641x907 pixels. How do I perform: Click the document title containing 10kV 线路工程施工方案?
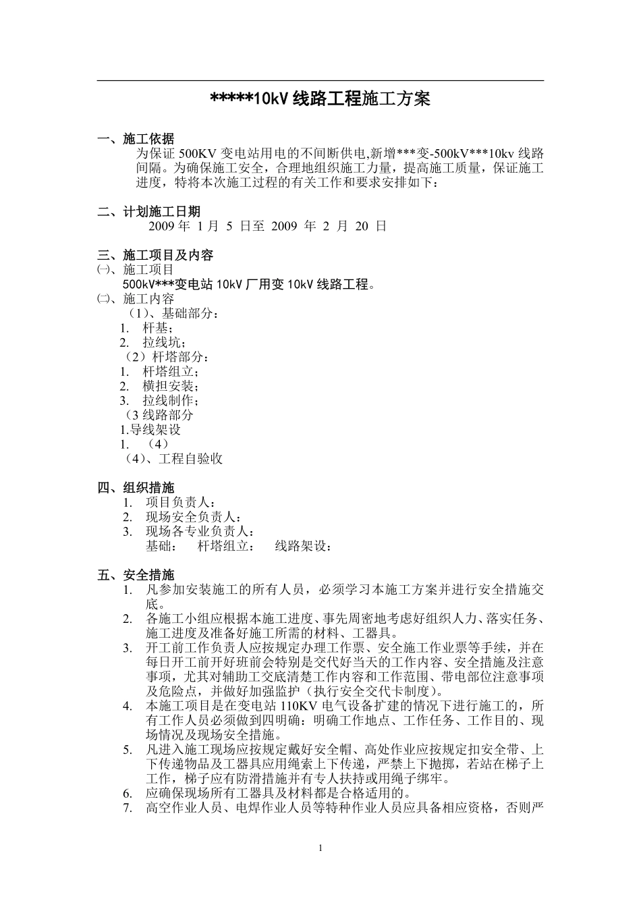tap(320, 100)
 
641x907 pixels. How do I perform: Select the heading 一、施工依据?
tap(136, 139)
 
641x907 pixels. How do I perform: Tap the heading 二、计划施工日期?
tap(148, 212)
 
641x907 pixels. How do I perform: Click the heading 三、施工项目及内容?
tap(155, 255)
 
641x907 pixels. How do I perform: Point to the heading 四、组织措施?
tap(136, 488)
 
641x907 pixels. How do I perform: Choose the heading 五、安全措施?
tap(136, 575)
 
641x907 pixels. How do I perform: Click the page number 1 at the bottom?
tap(320, 848)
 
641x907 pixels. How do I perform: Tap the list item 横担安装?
tap(171, 386)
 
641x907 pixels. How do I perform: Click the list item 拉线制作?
tap(171, 401)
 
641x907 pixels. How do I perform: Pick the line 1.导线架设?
tap(150, 430)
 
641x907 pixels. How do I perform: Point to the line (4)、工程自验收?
tap(174, 459)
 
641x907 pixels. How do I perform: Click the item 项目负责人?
tap(180, 503)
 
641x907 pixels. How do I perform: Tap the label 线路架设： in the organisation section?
tap(304, 547)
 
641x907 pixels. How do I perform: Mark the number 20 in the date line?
tap(361, 227)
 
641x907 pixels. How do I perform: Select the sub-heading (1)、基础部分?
tap(173, 314)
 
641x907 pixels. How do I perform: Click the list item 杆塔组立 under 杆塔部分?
tap(171, 372)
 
